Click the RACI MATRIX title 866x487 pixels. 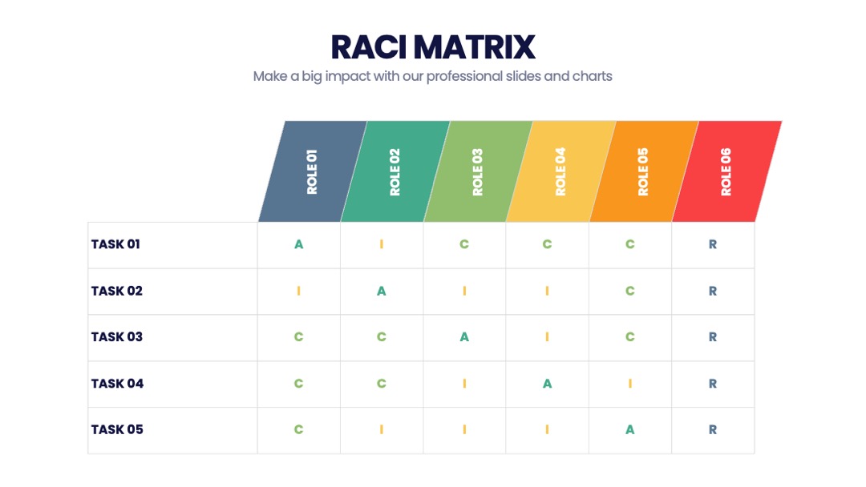pos(433,47)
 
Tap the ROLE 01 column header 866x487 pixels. pos(313,171)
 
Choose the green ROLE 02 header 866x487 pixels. pos(395,171)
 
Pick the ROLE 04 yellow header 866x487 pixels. pos(561,171)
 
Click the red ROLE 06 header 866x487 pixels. pos(726,171)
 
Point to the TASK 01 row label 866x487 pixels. pos(115,244)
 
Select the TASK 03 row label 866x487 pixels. pos(116,337)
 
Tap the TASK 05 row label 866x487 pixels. pos(117,429)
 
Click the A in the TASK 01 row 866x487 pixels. pos(299,244)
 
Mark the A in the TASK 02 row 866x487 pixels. pos(382,292)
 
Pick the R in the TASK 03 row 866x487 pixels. pos(713,337)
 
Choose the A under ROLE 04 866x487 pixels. pos(548,384)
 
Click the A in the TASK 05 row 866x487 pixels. pos(630,429)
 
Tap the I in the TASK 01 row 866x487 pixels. pos(382,244)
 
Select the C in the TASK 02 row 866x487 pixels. pos(630,292)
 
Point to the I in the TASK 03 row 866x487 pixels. pos(548,337)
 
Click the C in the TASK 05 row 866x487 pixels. pos(299,429)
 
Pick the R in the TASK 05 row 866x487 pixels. pos(713,429)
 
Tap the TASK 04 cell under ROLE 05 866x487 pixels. pos(630,384)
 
